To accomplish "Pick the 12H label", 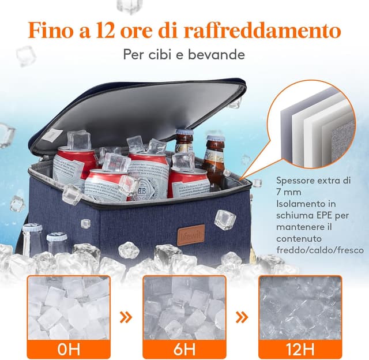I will tap(300, 348).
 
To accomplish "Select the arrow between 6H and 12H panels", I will tap(242, 316).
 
